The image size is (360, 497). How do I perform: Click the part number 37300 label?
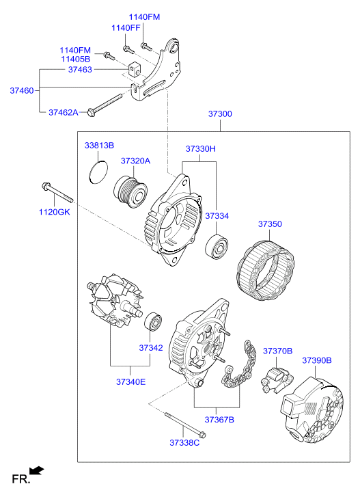[220, 113]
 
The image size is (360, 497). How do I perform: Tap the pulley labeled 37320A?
[130, 192]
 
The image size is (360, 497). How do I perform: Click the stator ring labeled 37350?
[266, 270]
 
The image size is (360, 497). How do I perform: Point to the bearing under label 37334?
[217, 247]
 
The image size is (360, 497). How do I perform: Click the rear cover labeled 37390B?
[313, 411]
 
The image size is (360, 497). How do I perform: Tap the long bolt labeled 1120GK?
[57, 192]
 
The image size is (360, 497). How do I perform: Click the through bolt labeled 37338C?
[185, 425]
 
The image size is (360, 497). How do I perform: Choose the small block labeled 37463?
[135, 69]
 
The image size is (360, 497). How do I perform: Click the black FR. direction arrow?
[36, 470]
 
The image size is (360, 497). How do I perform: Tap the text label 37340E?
[130, 381]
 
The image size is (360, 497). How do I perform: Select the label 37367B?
[219, 419]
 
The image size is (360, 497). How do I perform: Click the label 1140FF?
[126, 28]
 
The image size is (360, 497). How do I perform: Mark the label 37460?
[22, 90]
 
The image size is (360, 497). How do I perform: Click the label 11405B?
[76, 59]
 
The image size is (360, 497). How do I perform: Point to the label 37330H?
[200, 148]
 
